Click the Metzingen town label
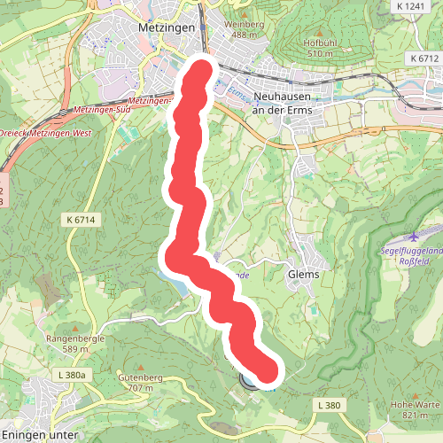(x=160, y=27)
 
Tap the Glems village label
(x=304, y=275)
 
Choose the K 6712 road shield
(x=425, y=58)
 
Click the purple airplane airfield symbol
(x=414, y=237)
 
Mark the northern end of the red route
(x=203, y=70)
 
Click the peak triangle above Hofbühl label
(x=321, y=31)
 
